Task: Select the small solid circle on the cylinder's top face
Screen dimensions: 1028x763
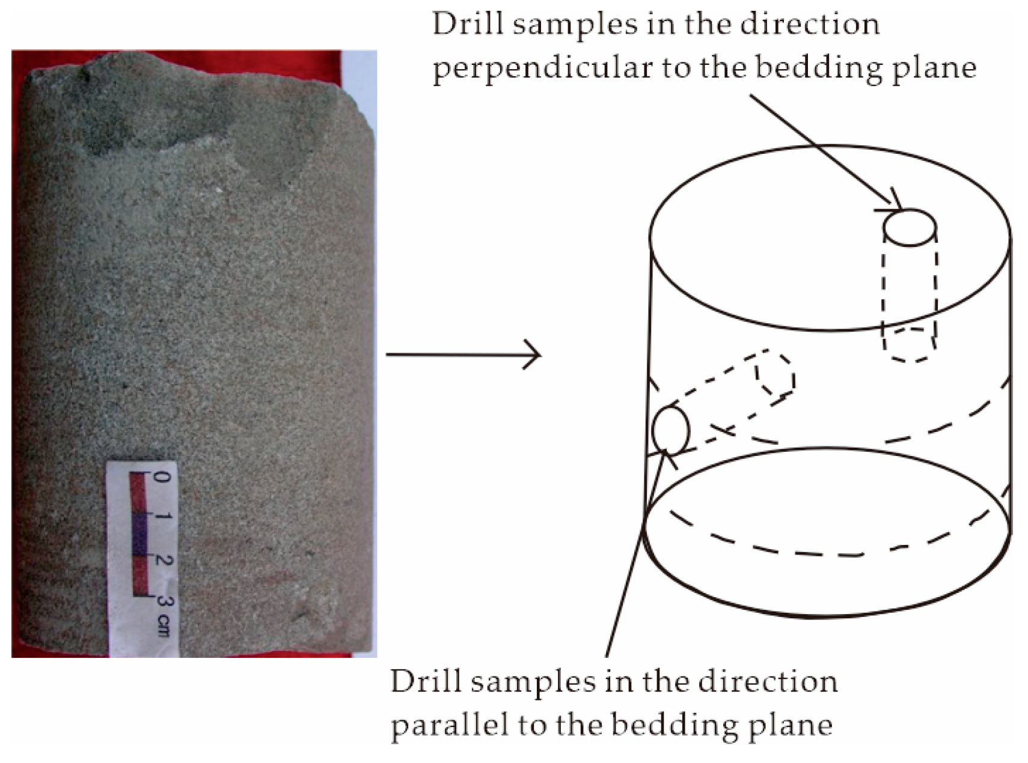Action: (x=909, y=228)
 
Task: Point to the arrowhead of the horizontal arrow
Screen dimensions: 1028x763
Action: (x=532, y=354)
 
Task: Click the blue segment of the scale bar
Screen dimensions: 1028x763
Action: (x=139, y=534)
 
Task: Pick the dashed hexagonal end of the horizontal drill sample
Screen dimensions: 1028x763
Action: (x=776, y=372)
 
